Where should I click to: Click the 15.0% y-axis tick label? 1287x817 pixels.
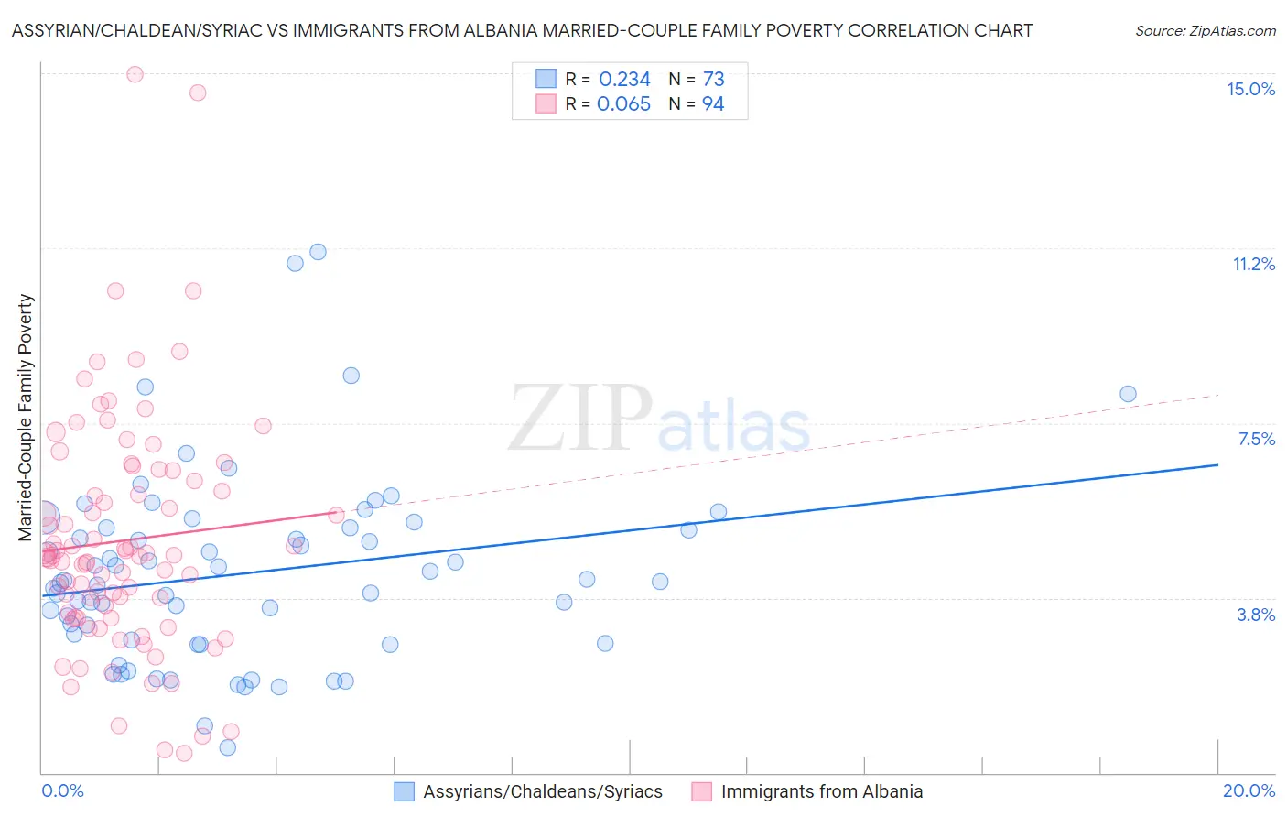(1250, 89)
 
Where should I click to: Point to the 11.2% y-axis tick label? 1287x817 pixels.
(1253, 264)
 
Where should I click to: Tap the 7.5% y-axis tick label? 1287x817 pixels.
(1256, 439)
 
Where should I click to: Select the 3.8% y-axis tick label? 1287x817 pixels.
(1256, 615)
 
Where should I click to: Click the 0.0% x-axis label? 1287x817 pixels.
(62, 790)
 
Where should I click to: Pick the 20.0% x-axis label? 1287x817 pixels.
(1249, 790)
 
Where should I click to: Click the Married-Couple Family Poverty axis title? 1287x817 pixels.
(26, 418)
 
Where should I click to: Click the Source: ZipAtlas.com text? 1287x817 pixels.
(1205, 30)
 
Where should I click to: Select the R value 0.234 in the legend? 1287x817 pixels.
(624, 80)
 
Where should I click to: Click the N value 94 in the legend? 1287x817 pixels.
(713, 103)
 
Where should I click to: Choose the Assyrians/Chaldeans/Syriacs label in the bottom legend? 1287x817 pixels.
(542, 791)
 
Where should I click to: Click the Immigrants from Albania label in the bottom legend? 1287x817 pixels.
(821, 791)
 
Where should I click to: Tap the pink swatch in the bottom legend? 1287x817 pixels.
(701, 791)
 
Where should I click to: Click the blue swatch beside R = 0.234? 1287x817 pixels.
(546, 79)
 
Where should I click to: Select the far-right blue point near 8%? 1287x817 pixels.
(1128, 394)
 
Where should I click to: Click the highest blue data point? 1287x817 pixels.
(318, 252)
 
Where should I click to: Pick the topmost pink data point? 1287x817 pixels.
(135, 74)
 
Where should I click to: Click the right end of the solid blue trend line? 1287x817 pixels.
(1217, 465)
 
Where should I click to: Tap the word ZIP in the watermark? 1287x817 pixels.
(579, 419)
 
